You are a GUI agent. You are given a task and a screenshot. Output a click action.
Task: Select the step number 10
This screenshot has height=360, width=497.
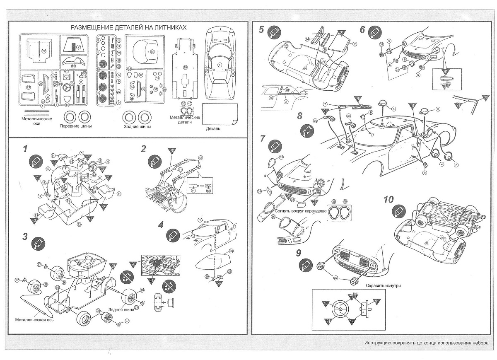(388, 199)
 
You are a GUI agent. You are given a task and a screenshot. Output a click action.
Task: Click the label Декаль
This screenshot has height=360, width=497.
(213, 128)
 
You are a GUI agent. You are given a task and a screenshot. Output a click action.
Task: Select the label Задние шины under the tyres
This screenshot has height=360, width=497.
(137, 126)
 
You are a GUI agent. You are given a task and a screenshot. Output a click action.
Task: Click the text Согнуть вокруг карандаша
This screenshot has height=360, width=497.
(301, 211)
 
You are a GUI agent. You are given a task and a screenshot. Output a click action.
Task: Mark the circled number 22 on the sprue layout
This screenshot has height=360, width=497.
(43, 51)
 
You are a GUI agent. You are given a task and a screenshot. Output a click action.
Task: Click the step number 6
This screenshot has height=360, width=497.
(362, 30)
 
